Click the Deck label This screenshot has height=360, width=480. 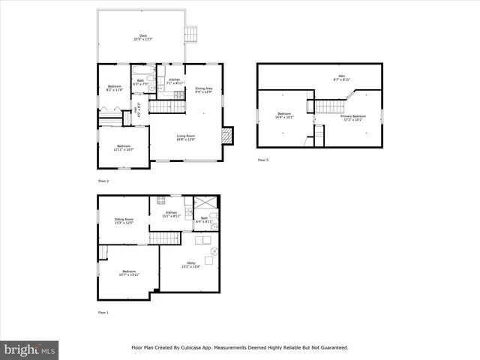tap(142, 37)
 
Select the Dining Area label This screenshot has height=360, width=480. tap(203, 90)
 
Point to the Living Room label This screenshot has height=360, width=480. tap(186, 137)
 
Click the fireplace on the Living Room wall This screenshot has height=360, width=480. tap(229, 136)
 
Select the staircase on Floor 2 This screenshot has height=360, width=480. tap(160, 106)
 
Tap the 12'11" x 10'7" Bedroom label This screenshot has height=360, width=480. tap(123, 148)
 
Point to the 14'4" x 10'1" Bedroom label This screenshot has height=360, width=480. tap(283, 116)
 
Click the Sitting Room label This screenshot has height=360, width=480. tap(124, 220)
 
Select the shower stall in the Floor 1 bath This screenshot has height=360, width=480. tap(205, 204)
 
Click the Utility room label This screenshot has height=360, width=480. tap(190, 265)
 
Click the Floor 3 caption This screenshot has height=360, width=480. tap(262, 160)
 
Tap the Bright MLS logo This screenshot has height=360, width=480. tap(30, 349)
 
